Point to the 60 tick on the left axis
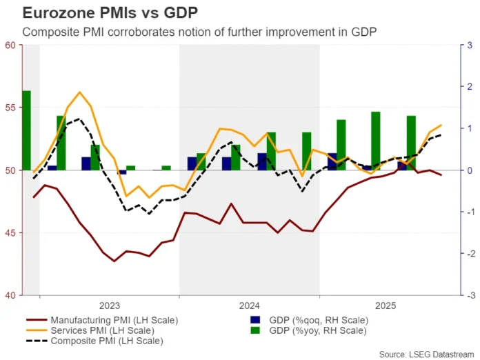tap(10, 46)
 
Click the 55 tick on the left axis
tap(10, 108)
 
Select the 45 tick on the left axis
tap(10, 233)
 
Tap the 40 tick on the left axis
tap(10, 295)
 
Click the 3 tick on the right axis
tap(469, 46)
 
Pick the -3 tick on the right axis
tap(468, 295)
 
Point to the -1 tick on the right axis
tap(468, 212)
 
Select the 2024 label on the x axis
tap(249, 305)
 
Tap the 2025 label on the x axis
tap(388, 305)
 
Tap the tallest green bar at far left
tap(26, 130)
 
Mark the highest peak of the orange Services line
tap(79, 92)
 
